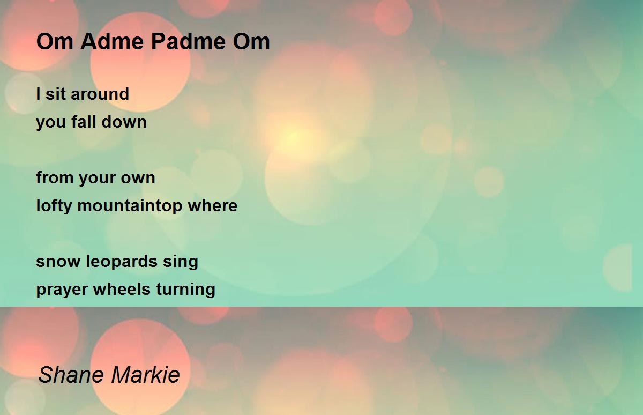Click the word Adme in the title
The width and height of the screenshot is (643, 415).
(x=112, y=41)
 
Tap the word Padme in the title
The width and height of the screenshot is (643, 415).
(x=188, y=41)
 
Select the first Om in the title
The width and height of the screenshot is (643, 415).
(x=55, y=41)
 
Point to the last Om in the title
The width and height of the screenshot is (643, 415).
(x=251, y=41)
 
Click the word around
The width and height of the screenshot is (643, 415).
(x=100, y=94)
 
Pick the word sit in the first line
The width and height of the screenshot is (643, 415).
(x=56, y=94)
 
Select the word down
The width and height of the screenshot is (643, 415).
(x=124, y=122)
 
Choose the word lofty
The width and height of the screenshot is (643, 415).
(x=54, y=206)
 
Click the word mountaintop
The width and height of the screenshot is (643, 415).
(x=130, y=206)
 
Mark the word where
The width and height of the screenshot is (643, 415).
(x=212, y=205)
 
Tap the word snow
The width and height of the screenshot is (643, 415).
(x=58, y=262)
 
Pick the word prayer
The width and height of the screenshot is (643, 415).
(x=62, y=290)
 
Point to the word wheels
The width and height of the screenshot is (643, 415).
(x=122, y=288)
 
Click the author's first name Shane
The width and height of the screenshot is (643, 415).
(x=71, y=374)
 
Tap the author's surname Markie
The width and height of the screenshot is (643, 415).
(x=146, y=374)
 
